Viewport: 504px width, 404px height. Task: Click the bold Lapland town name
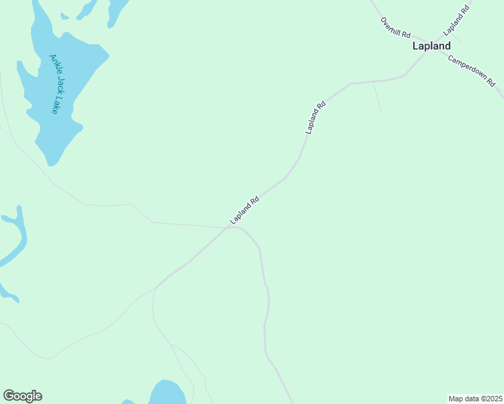click(431, 46)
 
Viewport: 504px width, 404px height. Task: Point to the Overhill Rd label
click(395, 28)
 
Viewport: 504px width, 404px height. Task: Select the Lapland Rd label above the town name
click(455, 21)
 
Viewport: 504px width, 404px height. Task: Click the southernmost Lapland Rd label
click(245, 210)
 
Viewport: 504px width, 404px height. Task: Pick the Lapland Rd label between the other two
click(315, 117)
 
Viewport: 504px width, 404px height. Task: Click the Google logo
click(22, 396)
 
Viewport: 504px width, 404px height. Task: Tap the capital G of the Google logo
click(9, 395)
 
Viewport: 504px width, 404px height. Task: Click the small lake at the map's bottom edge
click(166, 393)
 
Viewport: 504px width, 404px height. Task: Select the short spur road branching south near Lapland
click(377, 98)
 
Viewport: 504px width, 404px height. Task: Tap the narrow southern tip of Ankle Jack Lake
click(51, 162)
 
